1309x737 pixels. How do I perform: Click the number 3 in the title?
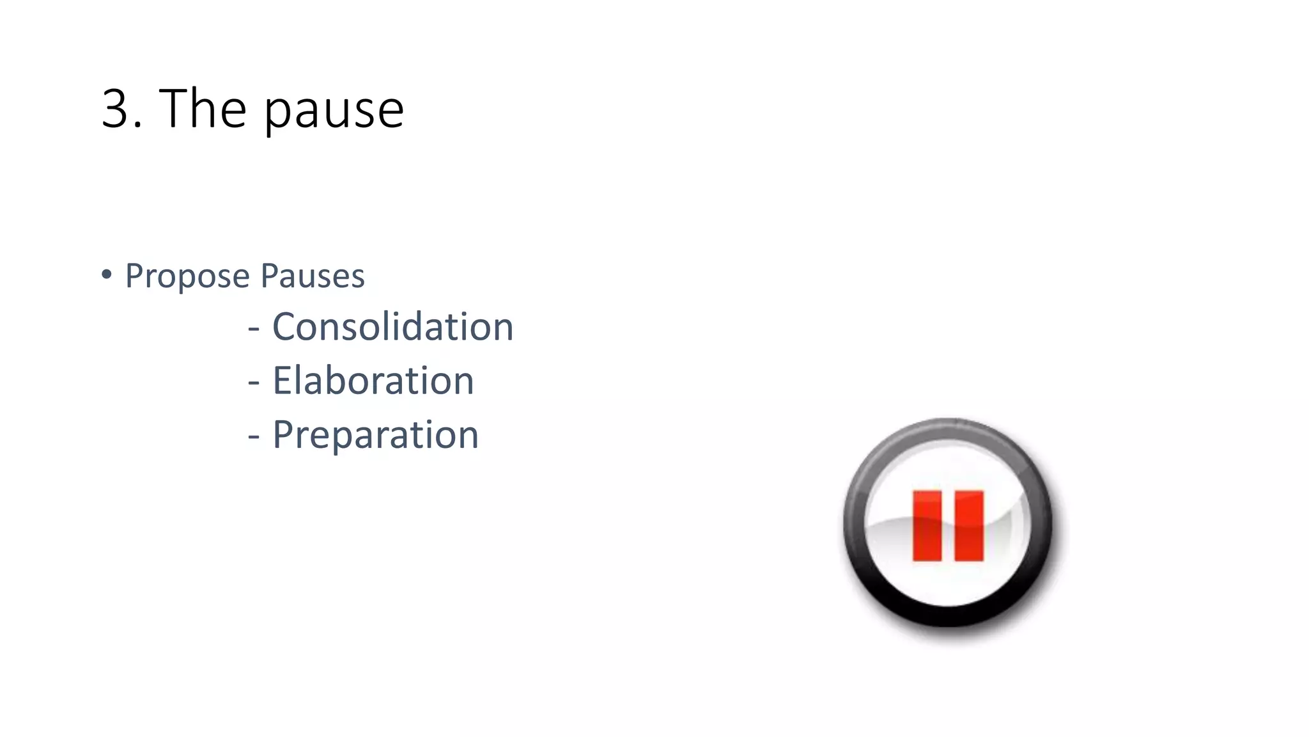[x=116, y=109]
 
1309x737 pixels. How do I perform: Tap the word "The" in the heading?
[x=202, y=109]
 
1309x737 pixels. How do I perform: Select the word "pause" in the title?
[x=334, y=112]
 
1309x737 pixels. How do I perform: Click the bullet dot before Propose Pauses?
[x=107, y=275]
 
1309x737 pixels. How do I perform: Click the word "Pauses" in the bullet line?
[x=313, y=276]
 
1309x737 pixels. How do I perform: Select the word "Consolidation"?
[x=392, y=327]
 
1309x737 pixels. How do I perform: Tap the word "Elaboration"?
[x=373, y=381]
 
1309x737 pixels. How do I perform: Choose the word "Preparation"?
[x=375, y=436]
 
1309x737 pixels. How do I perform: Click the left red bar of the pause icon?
[x=927, y=526]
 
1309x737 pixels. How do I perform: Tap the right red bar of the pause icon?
[x=969, y=526]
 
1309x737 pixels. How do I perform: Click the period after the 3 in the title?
[x=139, y=126]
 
